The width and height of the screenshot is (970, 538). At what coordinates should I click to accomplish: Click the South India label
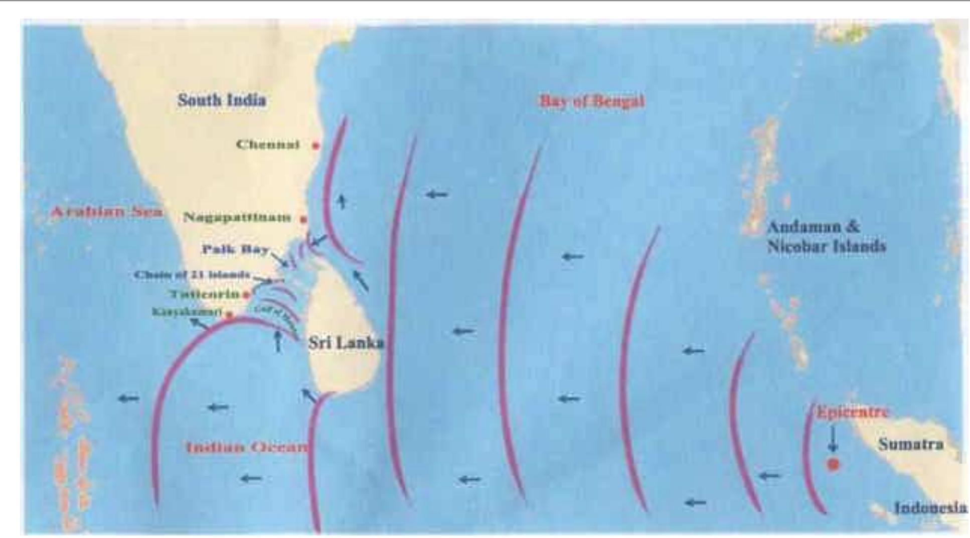(x=222, y=100)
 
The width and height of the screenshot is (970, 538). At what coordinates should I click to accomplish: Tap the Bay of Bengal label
(x=592, y=101)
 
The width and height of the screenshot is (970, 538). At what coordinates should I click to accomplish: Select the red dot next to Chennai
(x=316, y=146)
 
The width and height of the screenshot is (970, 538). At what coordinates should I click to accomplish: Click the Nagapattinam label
(x=237, y=217)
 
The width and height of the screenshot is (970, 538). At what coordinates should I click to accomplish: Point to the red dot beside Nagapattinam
(x=303, y=219)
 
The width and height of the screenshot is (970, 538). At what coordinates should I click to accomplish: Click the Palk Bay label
(x=236, y=249)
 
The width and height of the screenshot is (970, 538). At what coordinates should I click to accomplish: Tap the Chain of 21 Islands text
(x=192, y=275)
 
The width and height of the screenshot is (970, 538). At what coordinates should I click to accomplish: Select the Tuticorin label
(x=205, y=294)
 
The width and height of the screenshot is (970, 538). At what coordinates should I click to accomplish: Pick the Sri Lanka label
(x=346, y=343)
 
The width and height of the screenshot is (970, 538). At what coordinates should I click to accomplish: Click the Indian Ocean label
(x=246, y=447)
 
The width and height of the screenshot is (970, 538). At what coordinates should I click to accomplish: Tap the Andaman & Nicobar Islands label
(x=826, y=237)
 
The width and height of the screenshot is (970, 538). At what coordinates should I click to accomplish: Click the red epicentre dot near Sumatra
(x=833, y=464)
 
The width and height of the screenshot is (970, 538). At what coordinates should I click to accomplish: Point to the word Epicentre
(x=853, y=413)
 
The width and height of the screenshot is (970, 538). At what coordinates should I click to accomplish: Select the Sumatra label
(x=910, y=445)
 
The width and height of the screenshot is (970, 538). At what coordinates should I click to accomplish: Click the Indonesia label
(x=931, y=508)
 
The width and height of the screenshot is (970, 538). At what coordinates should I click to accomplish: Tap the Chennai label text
(x=268, y=145)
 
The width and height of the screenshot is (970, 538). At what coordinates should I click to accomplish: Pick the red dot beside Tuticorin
(x=246, y=295)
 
